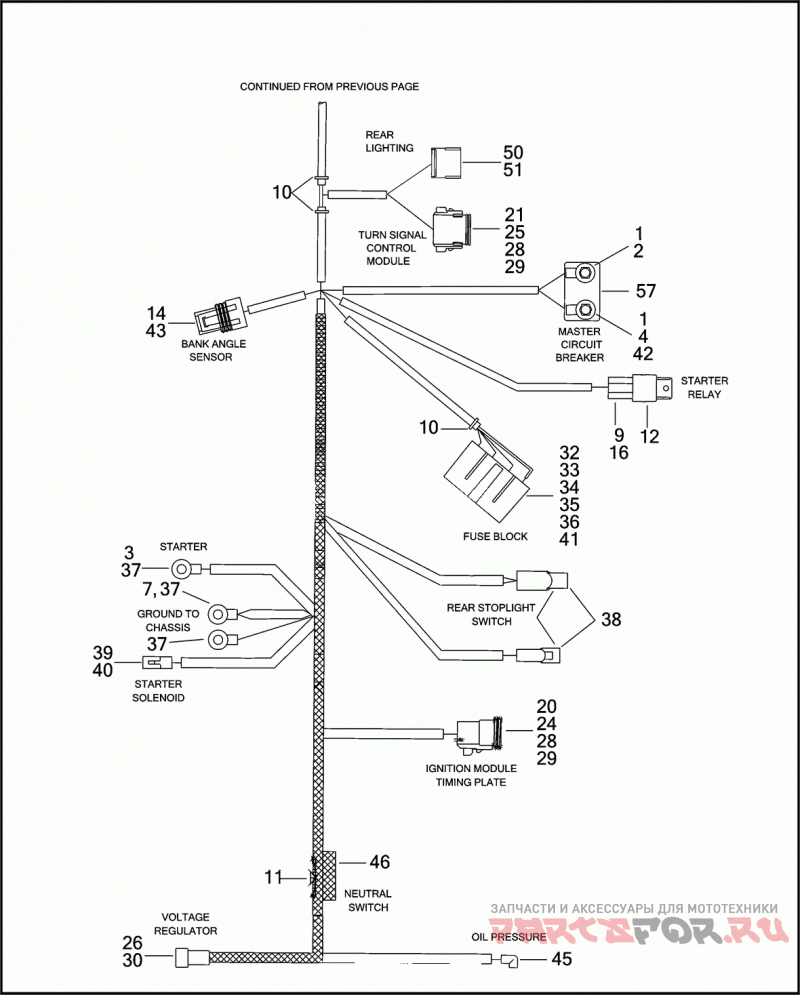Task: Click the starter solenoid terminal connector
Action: tap(159, 662)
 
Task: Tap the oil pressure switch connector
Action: tap(508, 961)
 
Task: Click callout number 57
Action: tap(645, 291)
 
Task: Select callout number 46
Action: tap(379, 862)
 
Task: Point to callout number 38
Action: tap(611, 619)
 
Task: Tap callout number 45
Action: tap(561, 958)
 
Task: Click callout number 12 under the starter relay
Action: tap(649, 436)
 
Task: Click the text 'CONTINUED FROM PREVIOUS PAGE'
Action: tap(329, 86)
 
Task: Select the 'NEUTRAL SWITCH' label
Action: tap(368, 900)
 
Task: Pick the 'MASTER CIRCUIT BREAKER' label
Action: tap(580, 345)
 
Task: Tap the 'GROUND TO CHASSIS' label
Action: tap(168, 621)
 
